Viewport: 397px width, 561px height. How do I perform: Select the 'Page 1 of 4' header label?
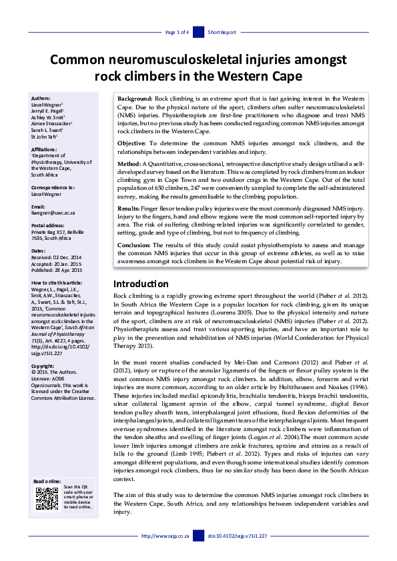[x=177, y=32]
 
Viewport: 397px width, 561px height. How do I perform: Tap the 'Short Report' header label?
[x=222, y=32]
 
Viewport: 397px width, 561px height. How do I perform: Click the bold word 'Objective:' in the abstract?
[x=132, y=143]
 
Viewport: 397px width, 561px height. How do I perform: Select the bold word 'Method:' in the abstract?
[x=129, y=164]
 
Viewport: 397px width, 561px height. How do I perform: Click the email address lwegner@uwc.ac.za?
[x=53, y=213]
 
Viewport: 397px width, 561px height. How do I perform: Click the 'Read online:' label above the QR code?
[x=47, y=481]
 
